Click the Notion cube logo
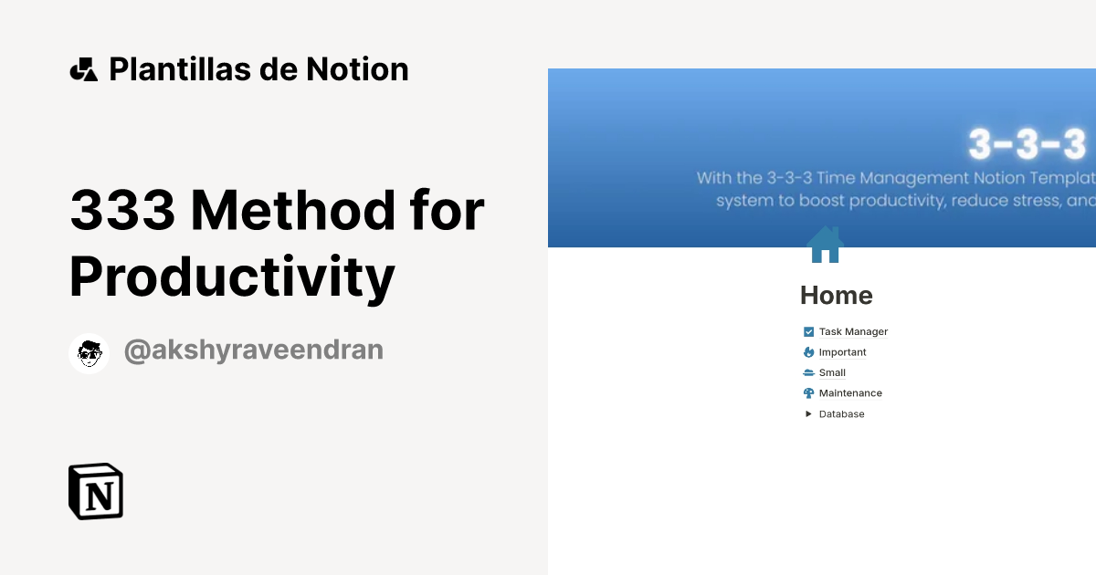96,492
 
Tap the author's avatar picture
90,353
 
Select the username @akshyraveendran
253,350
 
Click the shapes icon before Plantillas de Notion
83,69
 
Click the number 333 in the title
122,210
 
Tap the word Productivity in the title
232,277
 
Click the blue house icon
825,245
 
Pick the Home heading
836,296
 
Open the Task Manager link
853,332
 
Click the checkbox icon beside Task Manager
808,332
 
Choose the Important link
842,352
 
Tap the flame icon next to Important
808,352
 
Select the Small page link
832,372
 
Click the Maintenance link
850,393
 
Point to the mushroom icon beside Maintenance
808,393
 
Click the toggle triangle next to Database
808,414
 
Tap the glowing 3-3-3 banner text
1027,144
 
